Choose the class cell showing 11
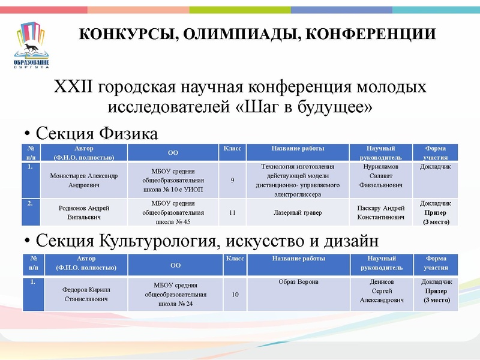(232, 212)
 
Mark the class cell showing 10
(235, 295)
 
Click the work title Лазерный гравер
(298, 212)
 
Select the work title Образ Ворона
(298, 282)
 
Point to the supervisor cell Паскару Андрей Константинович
(380, 212)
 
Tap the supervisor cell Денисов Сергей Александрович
(381, 290)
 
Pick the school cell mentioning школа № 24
(175, 295)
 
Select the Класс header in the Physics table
(232, 148)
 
